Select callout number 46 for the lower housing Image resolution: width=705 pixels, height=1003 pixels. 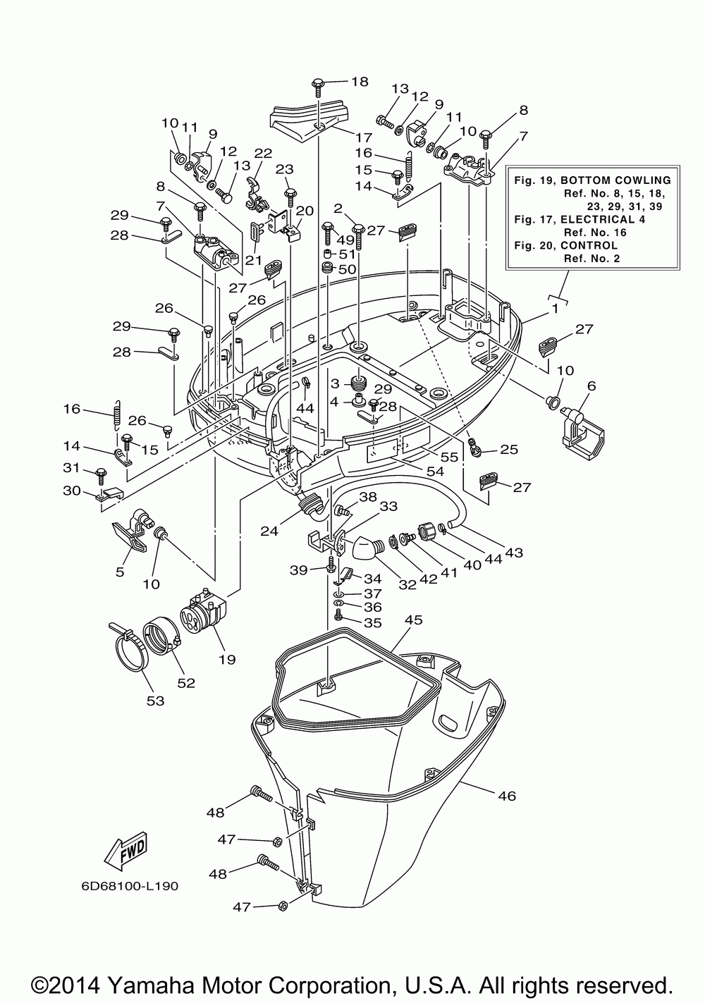(x=507, y=796)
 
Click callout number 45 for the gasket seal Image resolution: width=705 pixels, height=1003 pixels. (x=414, y=620)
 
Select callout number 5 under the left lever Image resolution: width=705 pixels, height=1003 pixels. (x=120, y=572)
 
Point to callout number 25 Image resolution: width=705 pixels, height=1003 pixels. (x=509, y=449)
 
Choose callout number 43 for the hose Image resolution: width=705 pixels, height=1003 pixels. (x=514, y=553)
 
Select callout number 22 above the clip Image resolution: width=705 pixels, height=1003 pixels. (x=263, y=154)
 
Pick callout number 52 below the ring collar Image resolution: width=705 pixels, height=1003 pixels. (x=186, y=682)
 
